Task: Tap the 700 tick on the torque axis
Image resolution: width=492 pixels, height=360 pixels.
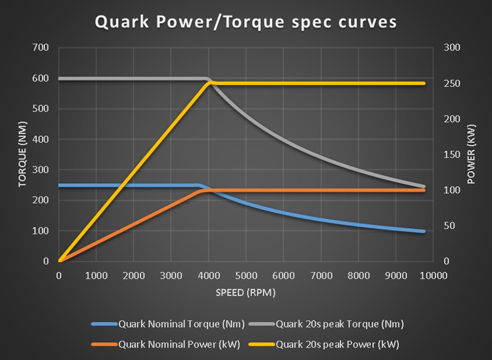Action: [x=41, y=47]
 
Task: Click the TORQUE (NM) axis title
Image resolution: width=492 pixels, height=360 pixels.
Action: [x=23, y=154]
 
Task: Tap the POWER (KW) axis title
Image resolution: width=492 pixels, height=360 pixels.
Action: [x=472, y=154]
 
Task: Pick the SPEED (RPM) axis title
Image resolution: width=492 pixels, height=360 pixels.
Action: [x=245, y=292]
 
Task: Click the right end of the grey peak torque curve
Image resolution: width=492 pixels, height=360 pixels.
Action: [x=424, y=187]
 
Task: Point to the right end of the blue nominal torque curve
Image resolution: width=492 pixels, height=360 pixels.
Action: [x=424, y=232]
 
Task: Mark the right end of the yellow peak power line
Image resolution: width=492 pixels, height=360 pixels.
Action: [x=424, y=83]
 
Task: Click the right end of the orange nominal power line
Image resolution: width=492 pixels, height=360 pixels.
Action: [x=424, y=190]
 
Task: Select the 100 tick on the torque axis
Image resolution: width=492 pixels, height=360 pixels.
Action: [x=41, y=230]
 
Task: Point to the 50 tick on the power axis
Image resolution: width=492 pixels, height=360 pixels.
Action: [x=449, y=226]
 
